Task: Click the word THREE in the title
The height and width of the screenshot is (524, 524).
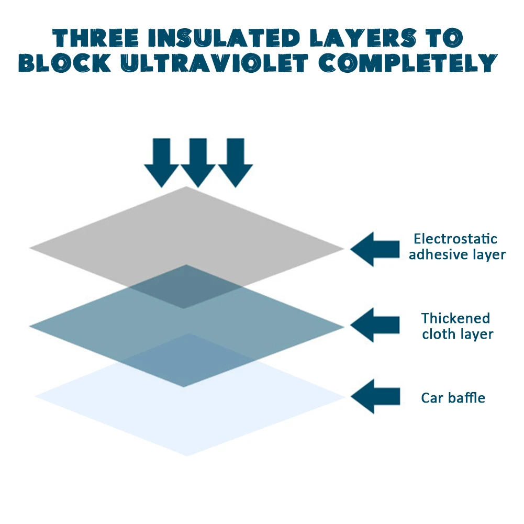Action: point(96,38)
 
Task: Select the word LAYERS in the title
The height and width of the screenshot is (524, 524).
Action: point(363,38)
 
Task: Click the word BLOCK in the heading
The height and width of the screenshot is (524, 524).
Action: point(65,63)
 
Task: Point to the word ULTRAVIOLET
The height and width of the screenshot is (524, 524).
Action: point(214,63)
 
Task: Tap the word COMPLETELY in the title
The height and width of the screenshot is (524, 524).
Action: point(408,63)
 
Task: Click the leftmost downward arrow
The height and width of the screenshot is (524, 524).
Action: point(162,163)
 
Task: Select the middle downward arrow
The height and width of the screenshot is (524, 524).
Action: point(198,163)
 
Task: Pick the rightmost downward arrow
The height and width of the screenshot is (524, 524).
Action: point(236,163)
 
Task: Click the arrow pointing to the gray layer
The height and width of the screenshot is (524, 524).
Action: point(375,249)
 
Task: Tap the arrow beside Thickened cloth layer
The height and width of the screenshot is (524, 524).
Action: point(375,325)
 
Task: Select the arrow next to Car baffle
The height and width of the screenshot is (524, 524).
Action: point(375,396)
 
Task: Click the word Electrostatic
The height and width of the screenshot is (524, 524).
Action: point(455,239)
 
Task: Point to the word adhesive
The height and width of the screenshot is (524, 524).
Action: point(433,254)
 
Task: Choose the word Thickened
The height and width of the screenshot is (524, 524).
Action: point(456,318)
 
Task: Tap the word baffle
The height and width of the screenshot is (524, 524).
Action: point(466,398)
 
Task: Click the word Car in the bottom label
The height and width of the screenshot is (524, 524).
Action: point(432,398)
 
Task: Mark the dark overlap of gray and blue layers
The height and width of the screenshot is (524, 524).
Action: point(186,287)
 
